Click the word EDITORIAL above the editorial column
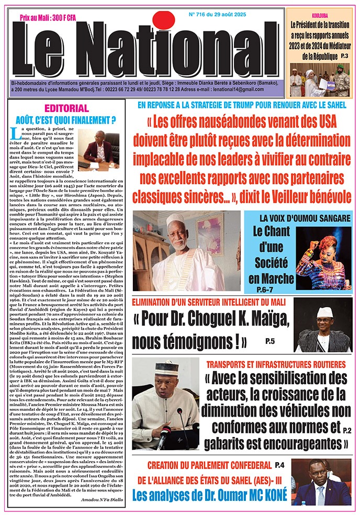coord(67,108)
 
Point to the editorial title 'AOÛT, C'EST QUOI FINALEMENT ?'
coord(67,119)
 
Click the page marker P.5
coord(270,342)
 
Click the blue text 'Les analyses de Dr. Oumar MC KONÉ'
coord(210,495)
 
